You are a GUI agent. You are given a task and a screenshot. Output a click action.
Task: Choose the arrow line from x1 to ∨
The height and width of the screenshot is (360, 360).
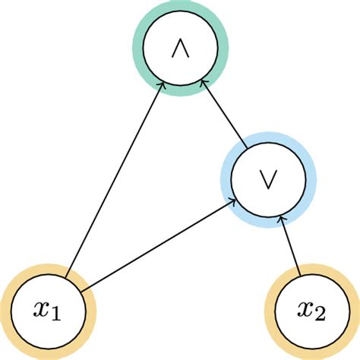point(152,247)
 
